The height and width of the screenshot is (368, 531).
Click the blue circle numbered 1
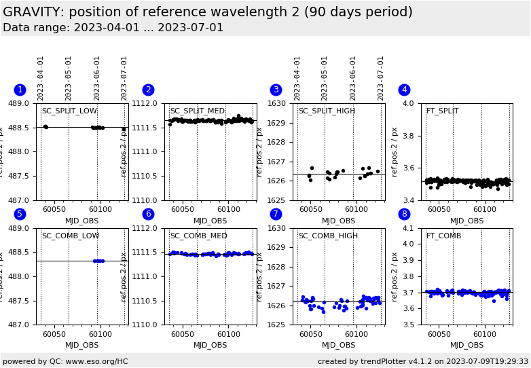[x=20, y=90]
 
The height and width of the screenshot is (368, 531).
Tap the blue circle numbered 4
[x=404, y=90]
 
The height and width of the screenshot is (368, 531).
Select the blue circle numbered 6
[x=148, y=215]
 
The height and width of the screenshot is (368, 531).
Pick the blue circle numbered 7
[x=276, y=215]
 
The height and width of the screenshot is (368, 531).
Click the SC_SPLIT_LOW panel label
[x=69, y=111]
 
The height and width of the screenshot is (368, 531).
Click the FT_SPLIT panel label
[x=442, y=111]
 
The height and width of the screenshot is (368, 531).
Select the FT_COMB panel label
[x=443, y=236]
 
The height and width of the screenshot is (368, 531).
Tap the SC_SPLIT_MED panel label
[x=197, y=111]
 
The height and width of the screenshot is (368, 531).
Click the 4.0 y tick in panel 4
[x=411, y=104]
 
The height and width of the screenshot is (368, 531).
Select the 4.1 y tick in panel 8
[x=411, y=229]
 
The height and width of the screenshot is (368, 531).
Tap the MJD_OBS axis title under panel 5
[x=82, y=346]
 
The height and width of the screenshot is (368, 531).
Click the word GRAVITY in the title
[x=31, y=12]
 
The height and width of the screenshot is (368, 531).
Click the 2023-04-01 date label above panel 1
[x=41, y=78]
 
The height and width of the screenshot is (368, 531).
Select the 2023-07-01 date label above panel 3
[x=381, y=78]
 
